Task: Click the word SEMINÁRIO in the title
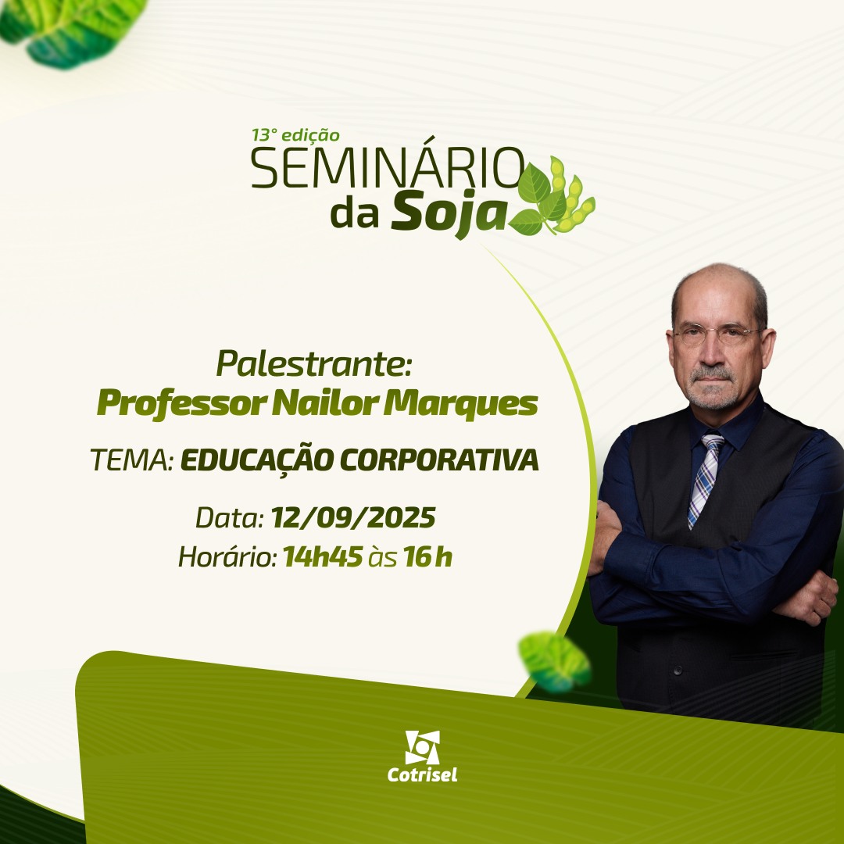click(388, 168)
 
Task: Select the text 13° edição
click(295, 134)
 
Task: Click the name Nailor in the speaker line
click(324, 402)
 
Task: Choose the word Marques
click(460, 404)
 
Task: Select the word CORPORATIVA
click(439, 460)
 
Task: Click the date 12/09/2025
click(353, 518)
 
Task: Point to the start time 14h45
click(323, 556)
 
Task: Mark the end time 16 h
click(428, 556)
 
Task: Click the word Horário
click(227, 556)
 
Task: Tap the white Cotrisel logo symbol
click(423, 747)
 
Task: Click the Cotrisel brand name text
click(423, 775)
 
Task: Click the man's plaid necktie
click(705, 480)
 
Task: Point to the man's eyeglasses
click(716, 334)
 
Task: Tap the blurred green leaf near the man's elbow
click(554, 662)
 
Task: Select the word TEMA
click(131, 460)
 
